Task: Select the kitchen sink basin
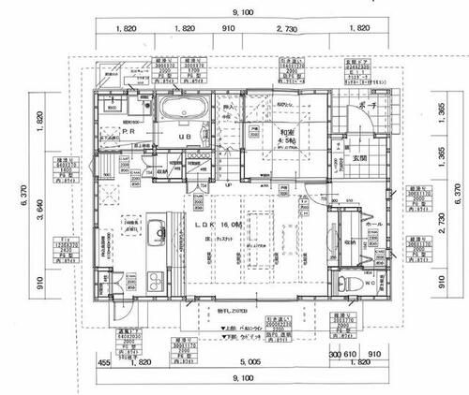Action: (156, 231)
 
